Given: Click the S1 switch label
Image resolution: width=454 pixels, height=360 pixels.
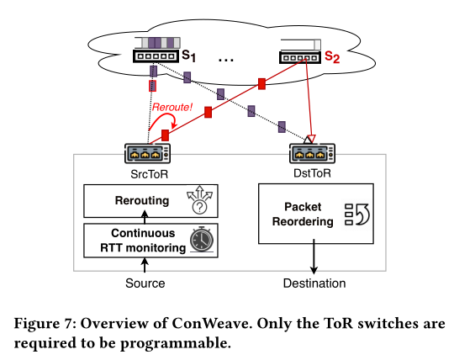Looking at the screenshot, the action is pos(189,56).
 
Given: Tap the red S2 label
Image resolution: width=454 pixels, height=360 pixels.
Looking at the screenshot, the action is pos(332,56).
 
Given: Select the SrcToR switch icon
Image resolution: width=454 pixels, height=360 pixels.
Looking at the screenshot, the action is pos(148,153).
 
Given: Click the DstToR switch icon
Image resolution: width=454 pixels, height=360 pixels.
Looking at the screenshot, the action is pos(313,153).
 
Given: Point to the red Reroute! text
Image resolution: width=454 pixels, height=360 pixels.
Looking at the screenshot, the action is pos(172,107).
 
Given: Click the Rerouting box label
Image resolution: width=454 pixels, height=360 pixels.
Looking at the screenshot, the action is pos(142,200).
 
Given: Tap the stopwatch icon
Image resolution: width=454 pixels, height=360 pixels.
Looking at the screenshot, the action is pos(202,240).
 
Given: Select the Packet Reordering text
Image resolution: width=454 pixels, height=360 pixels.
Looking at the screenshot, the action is pos(303,214).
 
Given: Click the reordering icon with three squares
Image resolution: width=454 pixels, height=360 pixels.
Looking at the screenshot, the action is pos(357,214).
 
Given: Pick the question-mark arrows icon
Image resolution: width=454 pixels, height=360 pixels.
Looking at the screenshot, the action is pos(199,200).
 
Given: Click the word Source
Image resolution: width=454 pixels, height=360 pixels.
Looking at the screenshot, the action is pos(145,283).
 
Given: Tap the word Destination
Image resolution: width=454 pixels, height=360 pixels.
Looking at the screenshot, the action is pos(314,283).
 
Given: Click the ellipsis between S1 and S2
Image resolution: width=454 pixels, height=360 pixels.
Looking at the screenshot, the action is pos(226,60).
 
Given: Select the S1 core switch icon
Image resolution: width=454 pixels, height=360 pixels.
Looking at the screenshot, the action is pos(156,56).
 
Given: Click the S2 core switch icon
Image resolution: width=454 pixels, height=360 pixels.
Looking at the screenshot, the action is pos(300,57).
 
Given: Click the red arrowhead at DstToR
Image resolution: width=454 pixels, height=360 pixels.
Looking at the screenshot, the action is pos(312,139).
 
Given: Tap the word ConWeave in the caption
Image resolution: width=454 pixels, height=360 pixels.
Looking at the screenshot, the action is pos(210,324).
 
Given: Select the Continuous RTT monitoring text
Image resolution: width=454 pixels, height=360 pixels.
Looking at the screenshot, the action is pos(143,241).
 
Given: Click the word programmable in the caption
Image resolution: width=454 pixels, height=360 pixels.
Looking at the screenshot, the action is pos(176,344).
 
